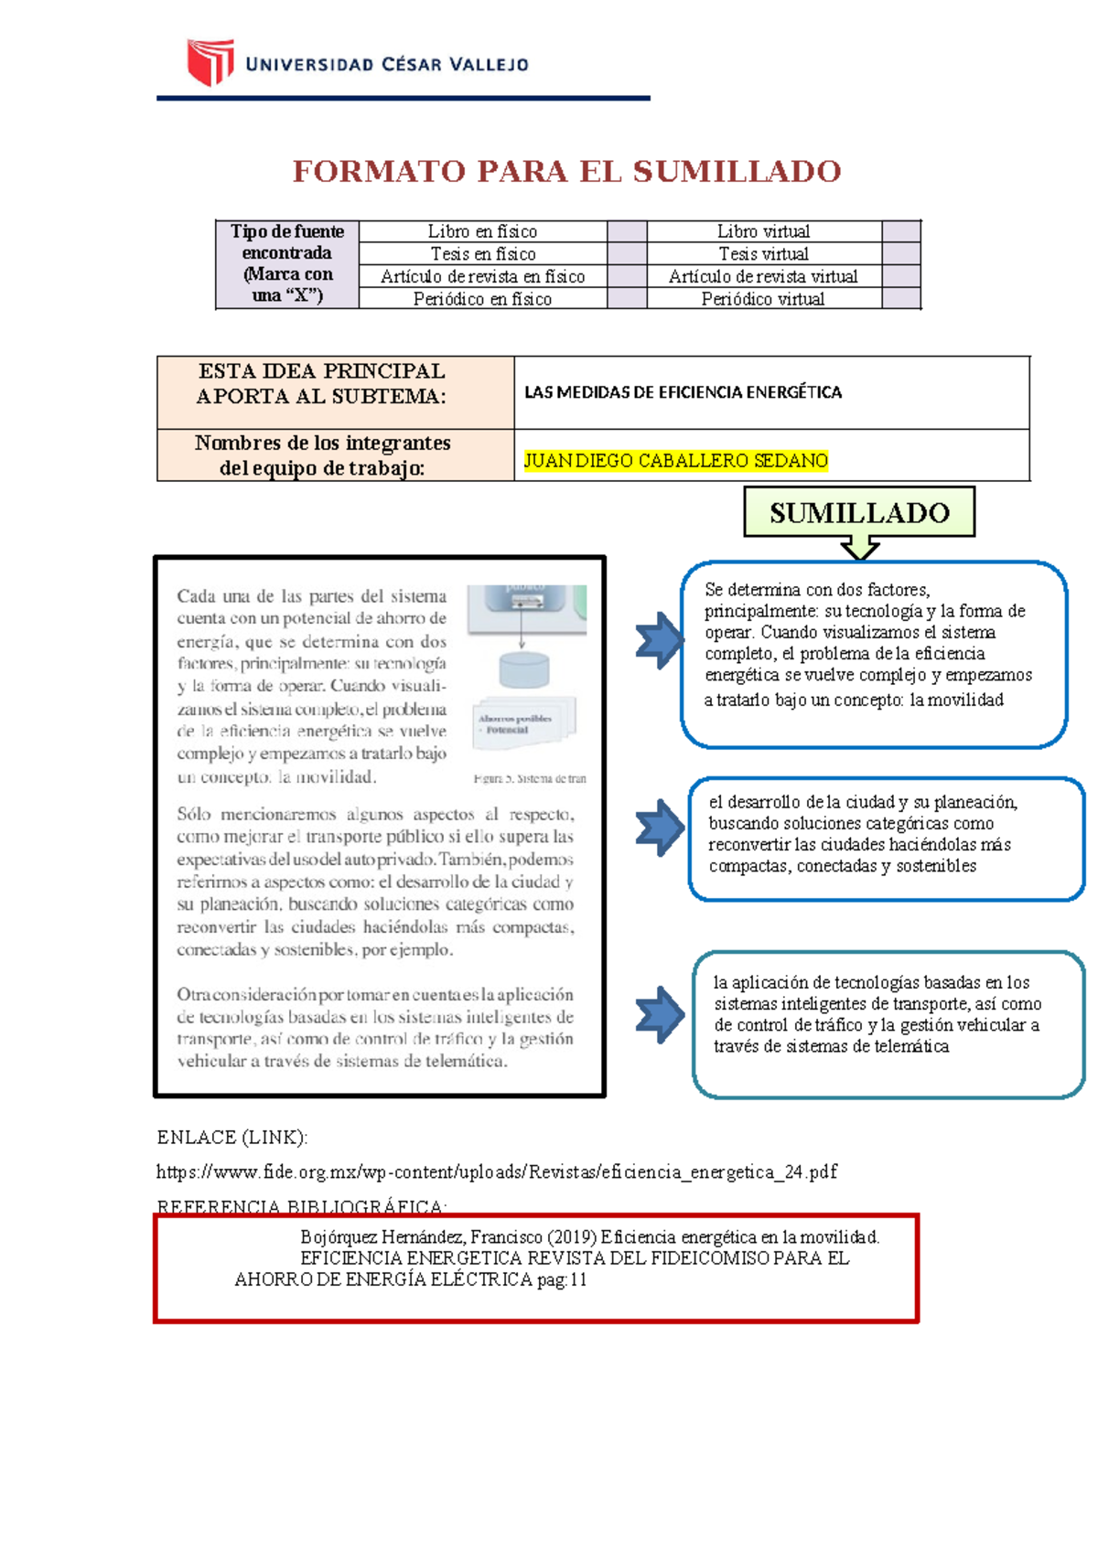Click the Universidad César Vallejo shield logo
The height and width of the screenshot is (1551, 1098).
tap(210, 62)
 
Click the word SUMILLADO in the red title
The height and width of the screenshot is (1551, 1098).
tap(737, 172)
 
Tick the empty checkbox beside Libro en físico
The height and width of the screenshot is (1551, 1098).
tap(627, 231)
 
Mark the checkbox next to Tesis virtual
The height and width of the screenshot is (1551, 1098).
tap(901, 253)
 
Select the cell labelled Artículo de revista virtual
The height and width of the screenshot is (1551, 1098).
tap(763, 276)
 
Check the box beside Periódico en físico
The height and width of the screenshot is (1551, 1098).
tap(627, 299)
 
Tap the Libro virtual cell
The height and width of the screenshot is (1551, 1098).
tap(763, 231)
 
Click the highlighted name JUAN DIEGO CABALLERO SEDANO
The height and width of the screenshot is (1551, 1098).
tap(675, 461)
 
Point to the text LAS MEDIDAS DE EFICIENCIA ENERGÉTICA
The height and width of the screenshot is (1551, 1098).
tap(683, 392)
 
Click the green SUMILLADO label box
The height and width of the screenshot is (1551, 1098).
tap(859, 512)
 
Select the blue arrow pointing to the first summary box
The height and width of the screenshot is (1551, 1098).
tap(659, 640)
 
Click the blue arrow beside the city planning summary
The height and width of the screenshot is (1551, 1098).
tap(659, 828)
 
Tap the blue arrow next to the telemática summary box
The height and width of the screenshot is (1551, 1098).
tap(659, 1014)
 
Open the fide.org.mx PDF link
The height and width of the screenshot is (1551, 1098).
tap(496, 1171)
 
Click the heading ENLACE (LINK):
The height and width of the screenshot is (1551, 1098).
tap(232, 1137)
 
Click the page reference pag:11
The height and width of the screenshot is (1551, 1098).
tap(562, 1280)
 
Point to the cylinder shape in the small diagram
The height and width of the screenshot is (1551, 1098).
tap(524, 669)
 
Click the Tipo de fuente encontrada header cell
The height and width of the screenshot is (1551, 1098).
tap(287, 263)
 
